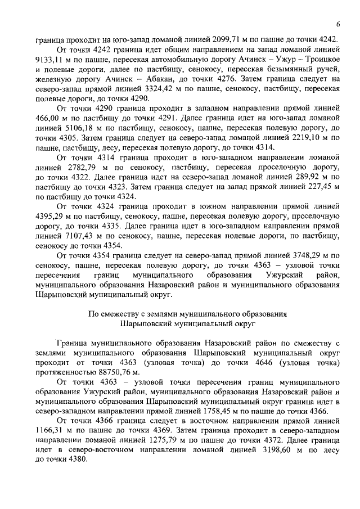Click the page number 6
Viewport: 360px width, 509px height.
coord(338,24)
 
